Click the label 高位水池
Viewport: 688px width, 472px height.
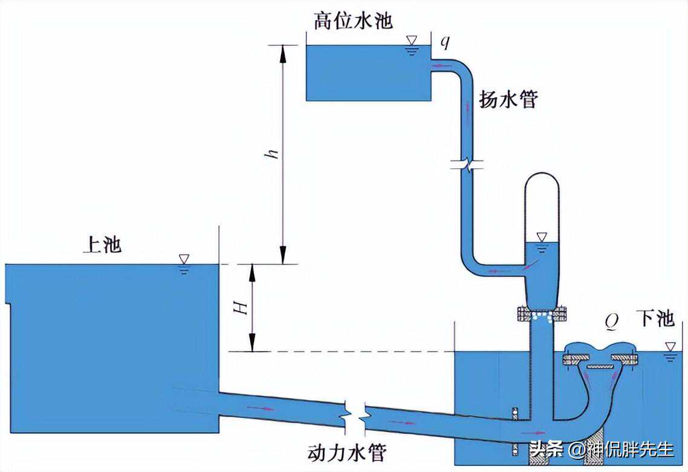(x=353, y=21)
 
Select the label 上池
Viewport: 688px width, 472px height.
(x=102, y=244)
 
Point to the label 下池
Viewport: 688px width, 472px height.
(x=655, y=319)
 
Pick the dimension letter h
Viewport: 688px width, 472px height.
(x=274, y=154)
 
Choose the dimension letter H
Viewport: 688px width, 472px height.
(x=242, y=308)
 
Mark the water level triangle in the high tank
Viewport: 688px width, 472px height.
(x=412, y=42)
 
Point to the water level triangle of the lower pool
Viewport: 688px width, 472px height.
(x=669, y=347)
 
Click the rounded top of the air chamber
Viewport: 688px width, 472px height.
(x=542, y=182)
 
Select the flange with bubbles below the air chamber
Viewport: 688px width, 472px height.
(x=542, y=314)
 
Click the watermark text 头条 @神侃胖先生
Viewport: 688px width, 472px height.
(x=602, y=449)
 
